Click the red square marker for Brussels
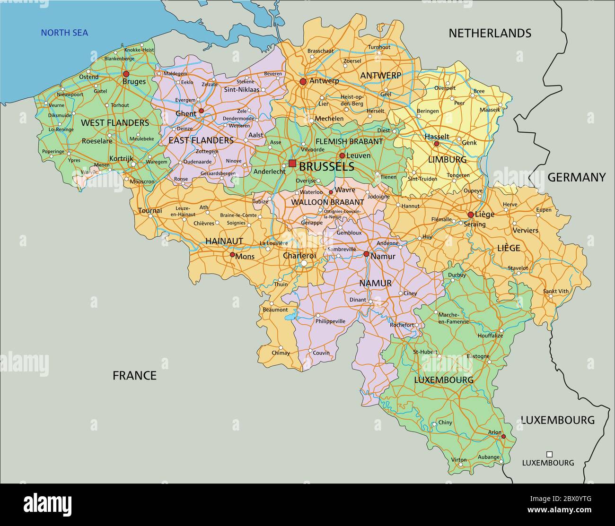[292, 164]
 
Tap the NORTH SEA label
[64, 33]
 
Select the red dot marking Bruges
[126, 74]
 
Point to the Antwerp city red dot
[303, 82]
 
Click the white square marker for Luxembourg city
[549, 454]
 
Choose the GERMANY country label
[576, 177]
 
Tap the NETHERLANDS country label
[490, 33]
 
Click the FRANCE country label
[134, 376]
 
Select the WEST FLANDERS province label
[115, 123]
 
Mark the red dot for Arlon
[503, 436]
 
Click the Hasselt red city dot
[436, 144]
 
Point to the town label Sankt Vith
[555, 291]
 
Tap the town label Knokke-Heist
[139, 50]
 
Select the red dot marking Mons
[232, 254]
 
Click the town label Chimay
[281, 353]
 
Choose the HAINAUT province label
[224, 241]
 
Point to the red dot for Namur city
[366, 254]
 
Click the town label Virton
[459, 459]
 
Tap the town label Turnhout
[379, 47]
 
